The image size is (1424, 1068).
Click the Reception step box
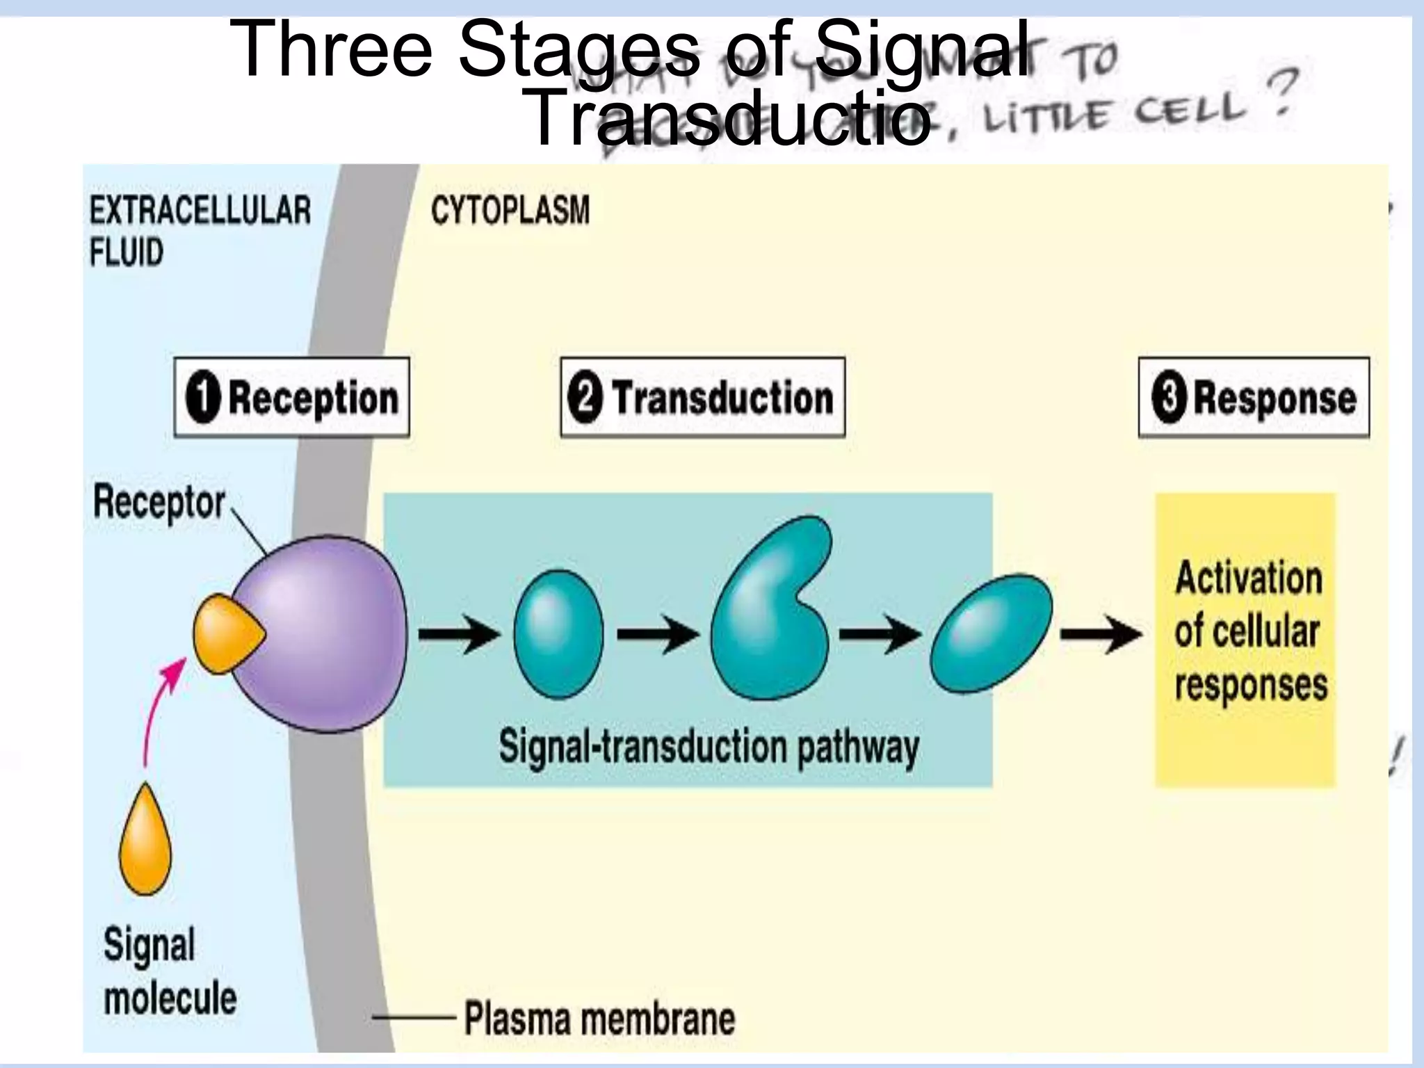point(291,398)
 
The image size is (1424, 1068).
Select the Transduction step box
point(702,398)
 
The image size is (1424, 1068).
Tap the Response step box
point(1253,398)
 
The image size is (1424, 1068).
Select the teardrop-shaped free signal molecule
point(145,842)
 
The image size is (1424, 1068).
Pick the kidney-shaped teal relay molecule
point(768,612)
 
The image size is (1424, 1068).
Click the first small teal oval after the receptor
point(558,633)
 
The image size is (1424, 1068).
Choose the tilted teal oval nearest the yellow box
point(991,633)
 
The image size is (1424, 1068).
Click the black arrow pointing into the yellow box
point(1100,633)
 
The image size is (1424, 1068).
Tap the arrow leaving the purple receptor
point(459,633)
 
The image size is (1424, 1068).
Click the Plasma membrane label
point(599,1019)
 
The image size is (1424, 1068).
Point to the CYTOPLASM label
point(510,210)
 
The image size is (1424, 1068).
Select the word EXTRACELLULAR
point(200,210)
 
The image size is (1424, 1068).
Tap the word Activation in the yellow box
point(1248,578)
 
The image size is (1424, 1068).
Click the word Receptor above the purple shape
point(159,502)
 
